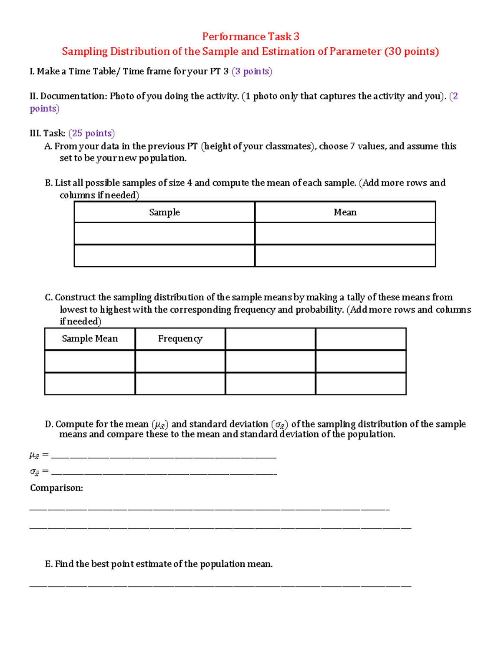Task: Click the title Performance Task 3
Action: tap(250, 37)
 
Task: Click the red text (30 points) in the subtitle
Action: tap(411, 51)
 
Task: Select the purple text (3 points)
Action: tap(252, 71)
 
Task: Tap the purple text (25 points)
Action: tap(91, 133)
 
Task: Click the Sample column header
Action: tap(164, 212)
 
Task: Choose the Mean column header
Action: tap(345, 212)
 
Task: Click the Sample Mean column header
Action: tap(90, 338)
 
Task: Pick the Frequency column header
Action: tap(180, 338)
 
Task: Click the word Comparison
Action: tap(56, 488)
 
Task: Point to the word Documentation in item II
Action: tap(73, 96)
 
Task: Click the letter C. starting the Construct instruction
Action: tap(49, 298)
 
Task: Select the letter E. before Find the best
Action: tap(49, 564)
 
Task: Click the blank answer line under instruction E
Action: tap(220, 586)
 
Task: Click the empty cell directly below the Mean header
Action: tap(345, 234)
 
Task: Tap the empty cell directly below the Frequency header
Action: tap(180, 361)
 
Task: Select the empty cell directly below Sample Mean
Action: tap(90, 361)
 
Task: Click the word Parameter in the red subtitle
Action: tap(355, 51)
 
